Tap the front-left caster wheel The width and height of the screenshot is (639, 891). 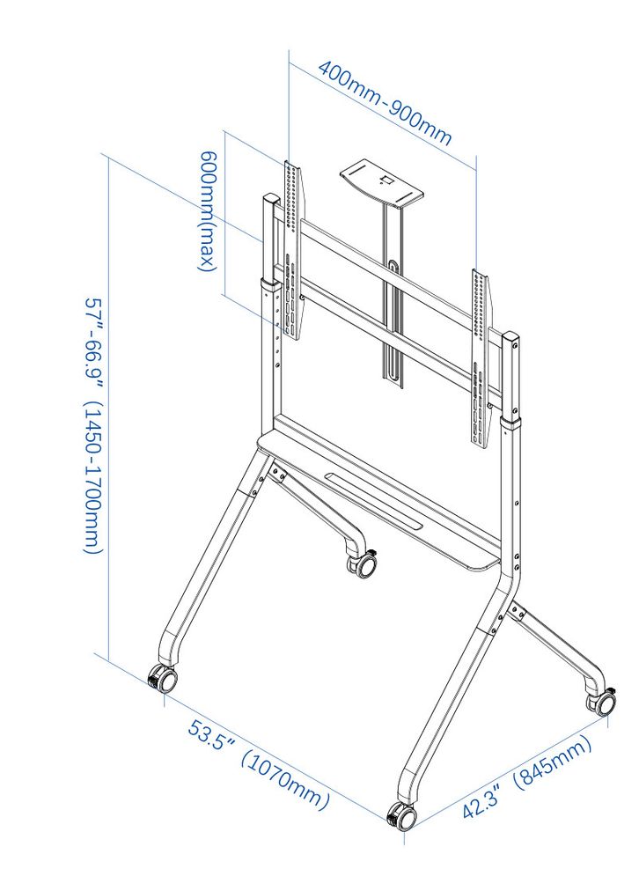pos(163,679)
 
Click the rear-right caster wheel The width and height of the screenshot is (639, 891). pos(603,702)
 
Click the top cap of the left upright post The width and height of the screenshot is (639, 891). pos(268,199)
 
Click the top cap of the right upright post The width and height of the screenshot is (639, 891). pos(510,336)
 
